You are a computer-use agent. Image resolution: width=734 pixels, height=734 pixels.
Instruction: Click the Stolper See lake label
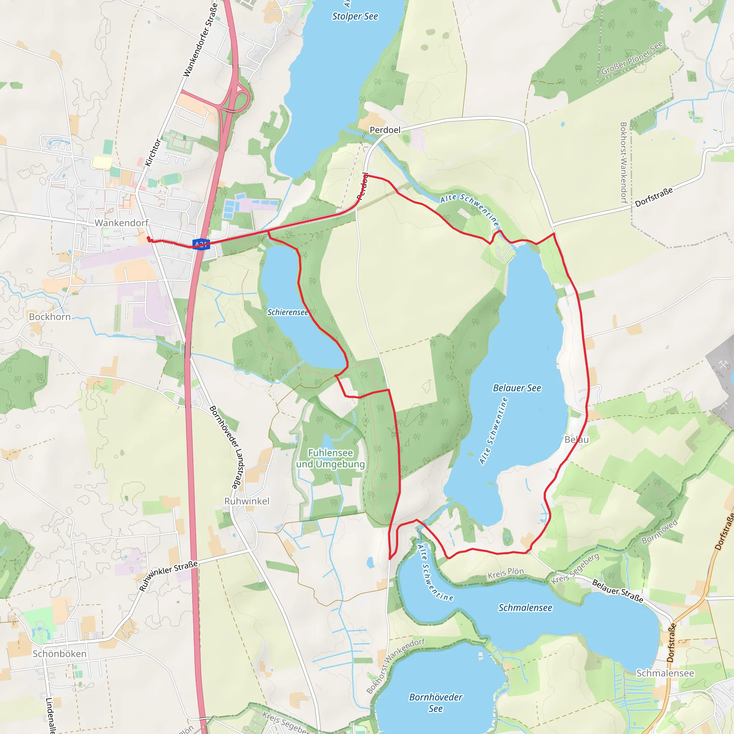355,16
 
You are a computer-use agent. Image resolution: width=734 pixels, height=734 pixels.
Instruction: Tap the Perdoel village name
385,130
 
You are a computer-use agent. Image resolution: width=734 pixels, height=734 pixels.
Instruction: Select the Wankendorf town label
121,223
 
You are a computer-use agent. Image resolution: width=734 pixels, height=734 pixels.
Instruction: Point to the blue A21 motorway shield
201,244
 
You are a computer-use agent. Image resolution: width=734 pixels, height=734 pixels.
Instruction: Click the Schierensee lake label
287,312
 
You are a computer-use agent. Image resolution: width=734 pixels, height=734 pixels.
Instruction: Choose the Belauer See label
517,388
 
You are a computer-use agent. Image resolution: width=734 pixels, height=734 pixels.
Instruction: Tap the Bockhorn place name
50,317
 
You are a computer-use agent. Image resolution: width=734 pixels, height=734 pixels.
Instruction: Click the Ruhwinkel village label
247,501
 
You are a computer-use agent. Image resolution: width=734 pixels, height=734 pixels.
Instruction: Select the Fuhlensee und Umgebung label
330,458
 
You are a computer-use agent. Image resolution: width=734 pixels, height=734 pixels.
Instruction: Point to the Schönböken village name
59,653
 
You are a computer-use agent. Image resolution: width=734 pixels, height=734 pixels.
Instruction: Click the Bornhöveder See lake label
435,702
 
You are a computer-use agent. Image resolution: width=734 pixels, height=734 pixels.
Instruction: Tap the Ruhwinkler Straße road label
168,576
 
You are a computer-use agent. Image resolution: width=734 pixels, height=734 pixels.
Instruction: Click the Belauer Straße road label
618,591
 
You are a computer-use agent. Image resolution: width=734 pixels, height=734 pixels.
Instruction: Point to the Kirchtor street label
153,152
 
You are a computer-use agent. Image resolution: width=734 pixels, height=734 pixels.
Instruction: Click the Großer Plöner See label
632,58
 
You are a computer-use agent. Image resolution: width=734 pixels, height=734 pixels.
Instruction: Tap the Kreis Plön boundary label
505,573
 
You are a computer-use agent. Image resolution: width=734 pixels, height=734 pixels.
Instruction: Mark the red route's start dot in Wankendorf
148,238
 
